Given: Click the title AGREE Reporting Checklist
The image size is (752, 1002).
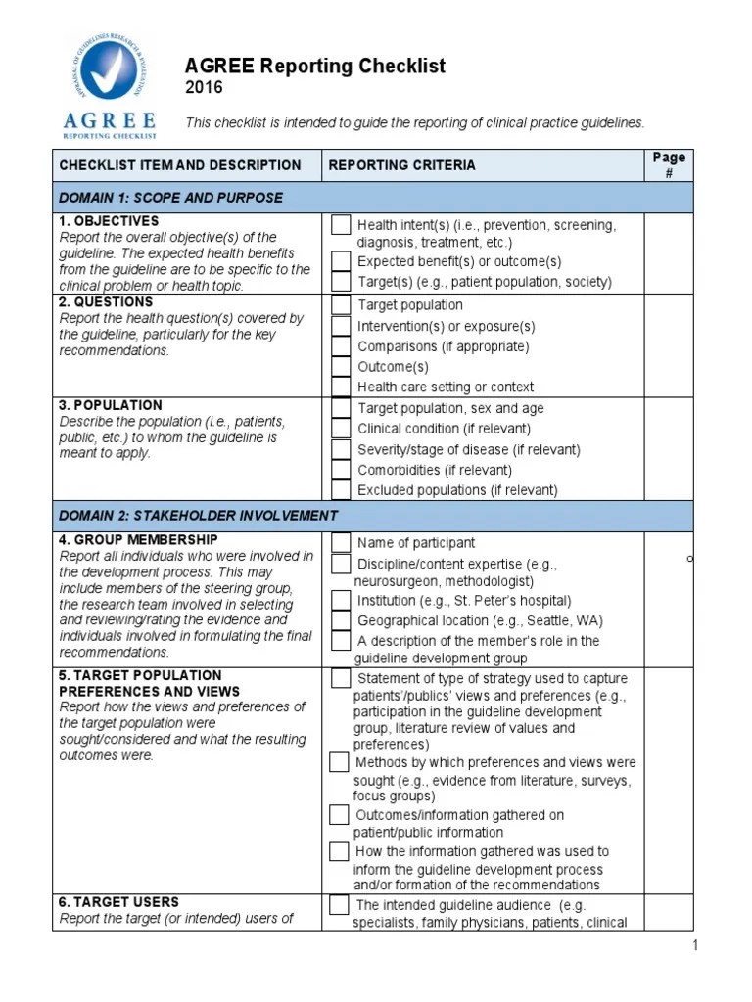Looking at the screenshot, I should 314,66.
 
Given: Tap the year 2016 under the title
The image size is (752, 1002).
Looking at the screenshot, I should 204,88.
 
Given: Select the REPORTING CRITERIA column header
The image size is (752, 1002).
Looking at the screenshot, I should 401,165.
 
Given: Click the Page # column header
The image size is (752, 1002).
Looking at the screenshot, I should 669,164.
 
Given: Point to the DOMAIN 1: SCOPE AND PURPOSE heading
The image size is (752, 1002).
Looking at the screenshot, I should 170,198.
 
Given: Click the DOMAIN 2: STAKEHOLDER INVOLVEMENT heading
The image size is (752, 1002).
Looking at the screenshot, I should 199,516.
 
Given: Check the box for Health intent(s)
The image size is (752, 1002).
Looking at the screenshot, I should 340,225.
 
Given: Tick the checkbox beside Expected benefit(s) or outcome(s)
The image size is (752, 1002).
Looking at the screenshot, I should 340,261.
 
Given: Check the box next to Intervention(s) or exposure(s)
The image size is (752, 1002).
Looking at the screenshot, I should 340,326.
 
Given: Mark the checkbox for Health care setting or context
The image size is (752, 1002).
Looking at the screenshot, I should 340,387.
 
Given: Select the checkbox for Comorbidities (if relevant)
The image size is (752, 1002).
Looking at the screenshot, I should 340,470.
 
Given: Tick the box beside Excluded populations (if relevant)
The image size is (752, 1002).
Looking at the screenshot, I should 340,490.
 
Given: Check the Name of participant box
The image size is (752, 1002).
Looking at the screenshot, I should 340,542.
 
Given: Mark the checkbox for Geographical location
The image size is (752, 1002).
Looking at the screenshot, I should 340,620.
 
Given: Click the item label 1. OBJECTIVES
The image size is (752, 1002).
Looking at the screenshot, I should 109,221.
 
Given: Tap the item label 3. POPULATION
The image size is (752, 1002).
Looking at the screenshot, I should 111,405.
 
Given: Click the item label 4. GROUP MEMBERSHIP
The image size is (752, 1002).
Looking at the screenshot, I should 138,540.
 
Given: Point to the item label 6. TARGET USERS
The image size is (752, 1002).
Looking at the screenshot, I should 118,902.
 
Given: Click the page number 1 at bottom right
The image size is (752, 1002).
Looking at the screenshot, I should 694,945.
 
